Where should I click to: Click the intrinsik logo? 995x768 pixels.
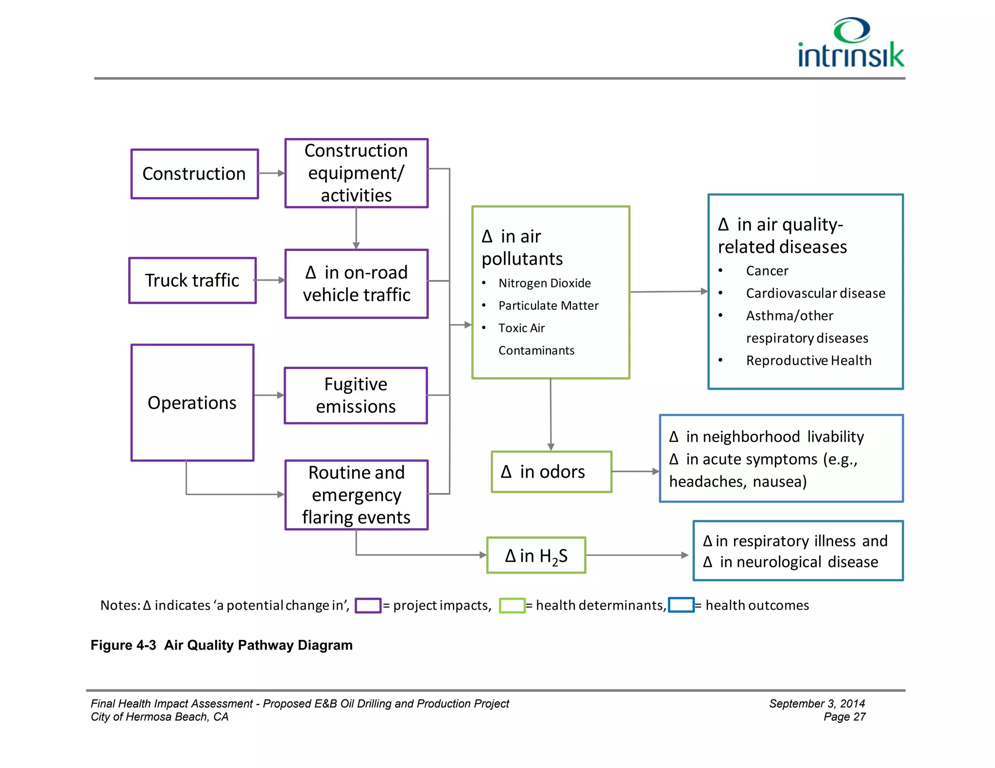(x=851, y=44)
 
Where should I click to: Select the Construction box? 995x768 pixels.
(x=194, y=174)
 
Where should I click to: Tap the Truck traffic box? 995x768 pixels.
(x=192, y=281)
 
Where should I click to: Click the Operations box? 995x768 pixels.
(x=192, y=403)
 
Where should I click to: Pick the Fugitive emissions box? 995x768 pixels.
(x=356, y=396)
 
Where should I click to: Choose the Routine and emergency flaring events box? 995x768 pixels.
(x=356, y=495)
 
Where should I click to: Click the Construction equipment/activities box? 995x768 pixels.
(x=356, y=173)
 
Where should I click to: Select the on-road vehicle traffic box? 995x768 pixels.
(x=356, y=284)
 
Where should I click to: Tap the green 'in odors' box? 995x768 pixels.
(x=551, y=472)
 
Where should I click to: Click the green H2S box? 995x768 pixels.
(x=536, y=555)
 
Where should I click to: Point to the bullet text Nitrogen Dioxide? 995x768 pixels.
(x=544, y=283)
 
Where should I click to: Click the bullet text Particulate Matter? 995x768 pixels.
(x=548, y=305)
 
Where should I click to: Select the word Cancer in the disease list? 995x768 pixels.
(x=767, y=271)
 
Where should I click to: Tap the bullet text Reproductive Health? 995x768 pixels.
(x=808, y=361)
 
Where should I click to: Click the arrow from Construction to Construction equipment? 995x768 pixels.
(x=271, y=173)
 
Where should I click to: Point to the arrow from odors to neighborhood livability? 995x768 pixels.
(x=635, y=471)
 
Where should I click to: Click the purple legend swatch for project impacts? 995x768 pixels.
(x=368, y=605)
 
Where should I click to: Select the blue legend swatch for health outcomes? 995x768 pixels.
(x=681, y=605)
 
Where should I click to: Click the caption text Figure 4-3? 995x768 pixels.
(x=123, y=645)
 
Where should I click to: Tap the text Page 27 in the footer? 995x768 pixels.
(x=844, y=717)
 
